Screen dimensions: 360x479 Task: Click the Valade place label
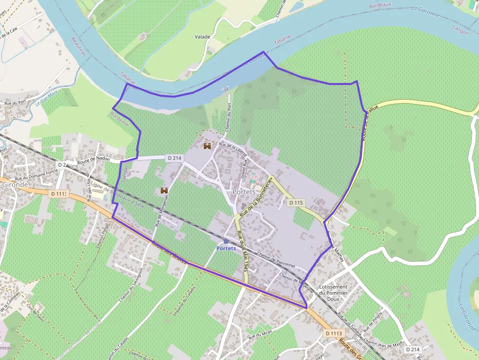[202, 37]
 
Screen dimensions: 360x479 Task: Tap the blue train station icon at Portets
[226, 241]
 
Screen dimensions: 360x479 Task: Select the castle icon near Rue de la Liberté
[207, 146]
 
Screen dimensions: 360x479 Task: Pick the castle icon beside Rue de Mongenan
[164, 191]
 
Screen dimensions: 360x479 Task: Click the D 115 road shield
[296, 202]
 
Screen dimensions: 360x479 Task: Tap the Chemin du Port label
[228, 118]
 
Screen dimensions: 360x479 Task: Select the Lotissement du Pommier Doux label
[333, 293]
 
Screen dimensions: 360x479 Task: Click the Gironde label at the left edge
[15, 185]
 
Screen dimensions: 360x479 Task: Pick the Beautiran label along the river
[78, 46]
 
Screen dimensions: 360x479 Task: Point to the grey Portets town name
[244, 191]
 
